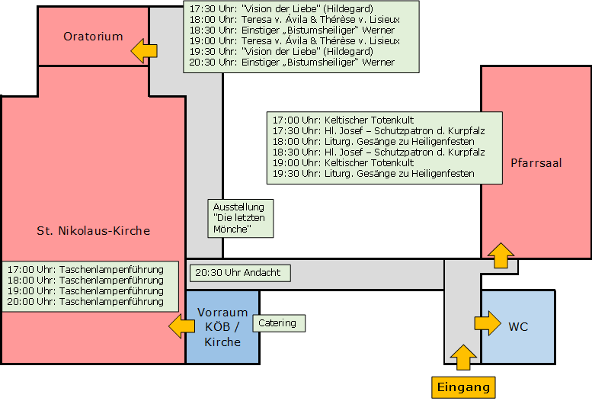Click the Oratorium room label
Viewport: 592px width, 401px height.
pyautogui.click(x=93, y=37)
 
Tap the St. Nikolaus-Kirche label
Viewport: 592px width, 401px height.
pyautogui.click(x=93, y=230)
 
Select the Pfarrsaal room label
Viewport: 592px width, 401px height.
pyautogui.click(x=536, y=163)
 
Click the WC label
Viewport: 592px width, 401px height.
pyautogui.click(x=518, y=326)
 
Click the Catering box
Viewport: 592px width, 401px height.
pyautogui.click(x=279, y=323)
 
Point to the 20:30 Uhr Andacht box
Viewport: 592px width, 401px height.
pyautogui.click(x=240, y=273)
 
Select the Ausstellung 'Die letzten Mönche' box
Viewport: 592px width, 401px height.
pyautogui.click(x=241, y=219)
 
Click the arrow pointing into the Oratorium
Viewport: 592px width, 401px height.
pyautogui.click(x=144, y=50)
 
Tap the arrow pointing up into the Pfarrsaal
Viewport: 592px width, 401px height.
pyautogui.click(x=501, y=255)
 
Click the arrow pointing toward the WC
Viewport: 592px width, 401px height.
pyautogui.click(x=488, y=323)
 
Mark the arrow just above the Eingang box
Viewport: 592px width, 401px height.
pyautogui.click(x=464, y=357)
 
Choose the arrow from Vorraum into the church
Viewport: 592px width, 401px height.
pyautogui.click(x=181, y=326)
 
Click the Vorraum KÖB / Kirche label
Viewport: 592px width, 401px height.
pyautogui.click(x=222, y=327)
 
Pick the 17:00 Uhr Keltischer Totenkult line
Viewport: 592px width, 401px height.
pyautogui.click(x=343, y=120)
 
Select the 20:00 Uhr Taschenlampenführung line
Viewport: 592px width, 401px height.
pyautogui.click(x=85, y=302)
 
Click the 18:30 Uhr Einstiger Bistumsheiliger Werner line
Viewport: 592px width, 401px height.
pyautogui.click(x=292, y=30)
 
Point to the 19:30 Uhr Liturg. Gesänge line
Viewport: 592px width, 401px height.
pyautogui.click(x=373, y=174)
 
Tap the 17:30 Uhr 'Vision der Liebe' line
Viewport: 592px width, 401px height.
pyautogui.click(x=281, y=8)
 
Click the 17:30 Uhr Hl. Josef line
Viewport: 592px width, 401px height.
pyautogui.click(x=379, y=131)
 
